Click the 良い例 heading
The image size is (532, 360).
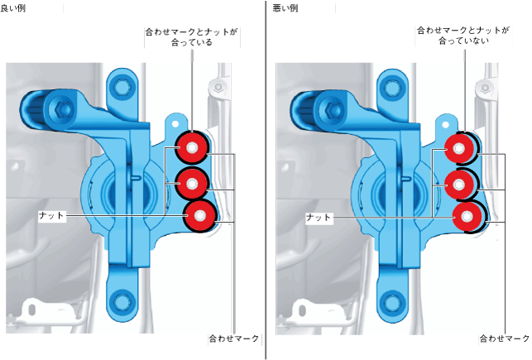(15, 7)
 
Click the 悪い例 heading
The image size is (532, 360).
(285, 7)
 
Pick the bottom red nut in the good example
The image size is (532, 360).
(199, 214)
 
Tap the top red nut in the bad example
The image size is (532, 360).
(460, 149)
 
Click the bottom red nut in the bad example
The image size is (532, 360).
(467, 217)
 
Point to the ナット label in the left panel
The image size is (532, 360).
(51, 214)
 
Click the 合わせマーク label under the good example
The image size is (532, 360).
(235, 339)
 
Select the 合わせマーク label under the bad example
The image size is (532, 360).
(505, 339)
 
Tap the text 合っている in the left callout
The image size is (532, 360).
(192, 43)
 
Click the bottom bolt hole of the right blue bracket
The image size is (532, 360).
(391, 301)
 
